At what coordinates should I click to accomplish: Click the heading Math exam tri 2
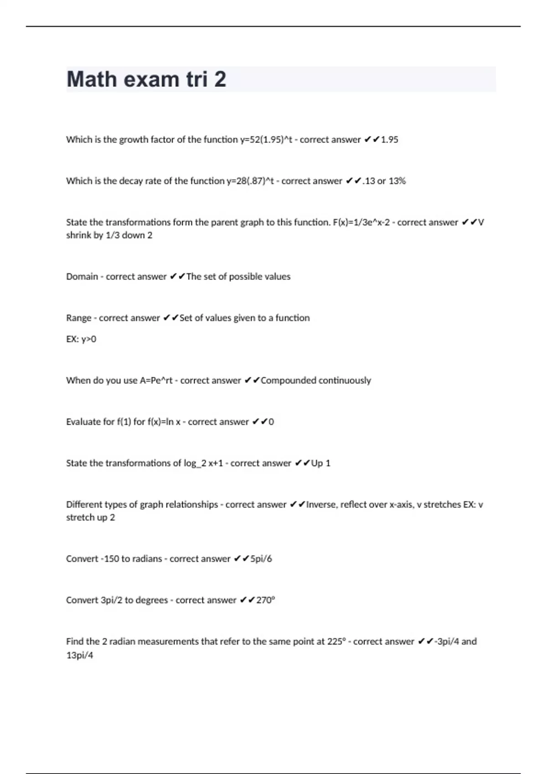click(146, 79)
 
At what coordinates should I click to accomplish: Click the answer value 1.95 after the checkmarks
click(389, 140)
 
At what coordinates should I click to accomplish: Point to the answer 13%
click(397, 181)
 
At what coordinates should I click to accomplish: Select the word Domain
click(82, 277)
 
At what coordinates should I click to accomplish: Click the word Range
click(78, 318)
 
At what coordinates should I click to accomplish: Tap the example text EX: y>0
click(81, 339)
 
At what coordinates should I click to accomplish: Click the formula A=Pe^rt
click(156, 381)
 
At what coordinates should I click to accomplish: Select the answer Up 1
click(321, 463)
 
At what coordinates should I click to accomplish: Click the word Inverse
click(322, 505)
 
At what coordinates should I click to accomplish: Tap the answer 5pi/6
click(261, 559)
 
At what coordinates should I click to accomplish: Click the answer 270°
click(266, 601)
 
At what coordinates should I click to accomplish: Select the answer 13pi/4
click(80, 656)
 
